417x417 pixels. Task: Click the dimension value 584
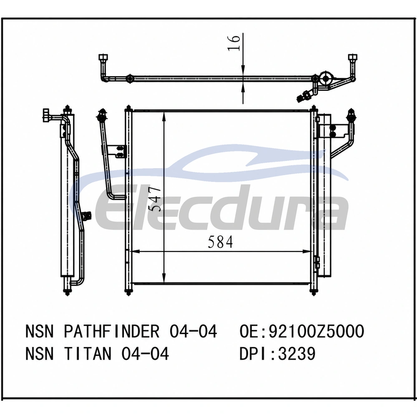tap(220, 242)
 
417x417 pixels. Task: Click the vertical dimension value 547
tap(155, 199)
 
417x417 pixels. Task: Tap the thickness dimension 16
tap(234, 42)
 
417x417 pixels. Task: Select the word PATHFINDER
tap(111, 332)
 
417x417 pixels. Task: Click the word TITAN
tap(88, 354)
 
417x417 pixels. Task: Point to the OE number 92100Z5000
tap(316, 332)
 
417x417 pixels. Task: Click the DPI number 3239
tap(296, 354)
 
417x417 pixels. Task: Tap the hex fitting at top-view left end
tap(103, 58)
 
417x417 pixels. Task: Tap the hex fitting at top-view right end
tap(353, 58)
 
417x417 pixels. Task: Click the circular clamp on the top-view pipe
tap(326, 78)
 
